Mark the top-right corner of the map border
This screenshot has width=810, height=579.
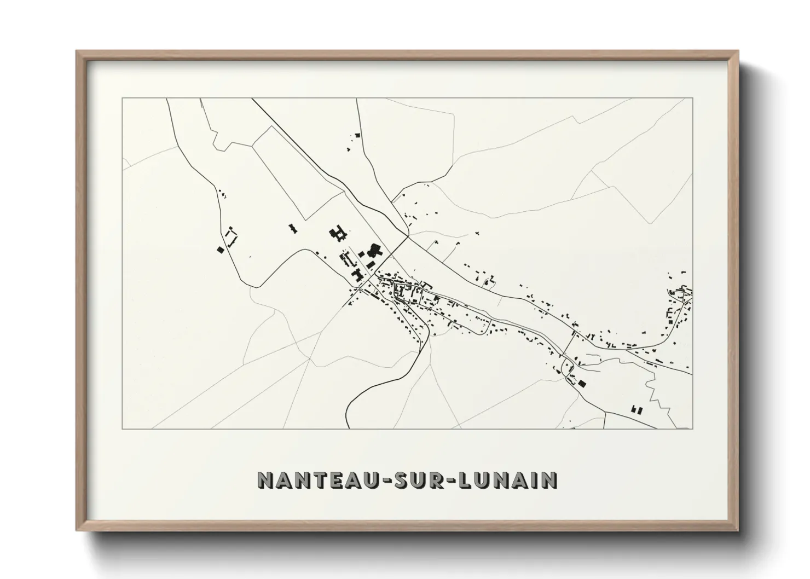pos(692,98)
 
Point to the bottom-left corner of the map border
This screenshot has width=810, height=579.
pos(122,429)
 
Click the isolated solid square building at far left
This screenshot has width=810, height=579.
pos(221,250)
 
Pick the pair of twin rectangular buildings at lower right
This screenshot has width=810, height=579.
pos(636,408)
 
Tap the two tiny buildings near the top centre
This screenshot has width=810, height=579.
pos(357,135)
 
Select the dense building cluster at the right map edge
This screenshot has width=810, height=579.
pos(679,304)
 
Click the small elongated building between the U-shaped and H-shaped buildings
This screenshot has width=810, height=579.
pos(293,228)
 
